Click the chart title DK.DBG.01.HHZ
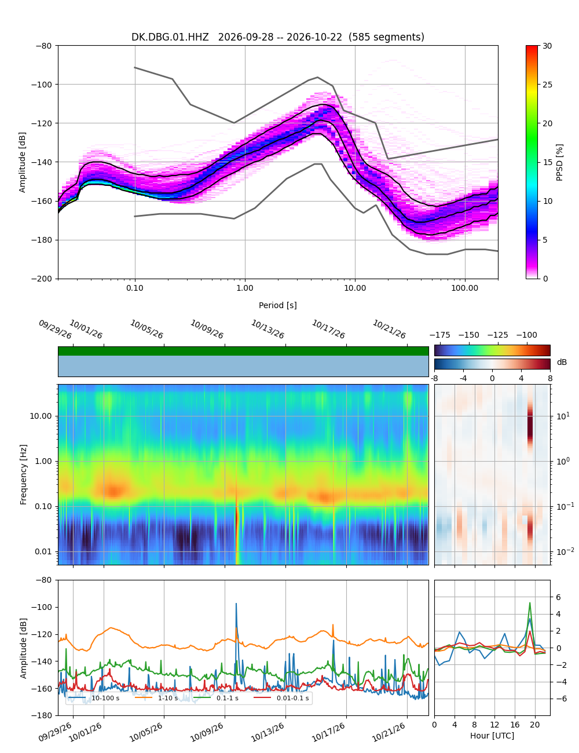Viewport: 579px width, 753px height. tap(170, 37)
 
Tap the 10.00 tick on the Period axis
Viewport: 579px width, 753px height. tap(354, 288)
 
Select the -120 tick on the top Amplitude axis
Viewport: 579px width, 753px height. tap(43, 123)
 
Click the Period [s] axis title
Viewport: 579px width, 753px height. tap(278, 305)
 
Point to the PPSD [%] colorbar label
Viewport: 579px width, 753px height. tap(559, 162)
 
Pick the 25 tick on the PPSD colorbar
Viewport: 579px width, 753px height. tap(547, 85)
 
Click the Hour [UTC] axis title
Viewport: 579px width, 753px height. tap(492, 735)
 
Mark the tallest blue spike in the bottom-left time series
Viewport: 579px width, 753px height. tap(236, 604)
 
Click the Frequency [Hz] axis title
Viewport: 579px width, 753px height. tap(23, 474)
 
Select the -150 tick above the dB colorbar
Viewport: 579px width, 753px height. tap(469, 335)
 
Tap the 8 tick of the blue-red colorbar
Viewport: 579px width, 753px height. tap(550, 378)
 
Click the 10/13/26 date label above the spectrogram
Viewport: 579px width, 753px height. tap(267, 329)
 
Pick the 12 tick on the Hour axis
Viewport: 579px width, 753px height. tap(494, 725)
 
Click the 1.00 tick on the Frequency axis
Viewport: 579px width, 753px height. tap(43, 461)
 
